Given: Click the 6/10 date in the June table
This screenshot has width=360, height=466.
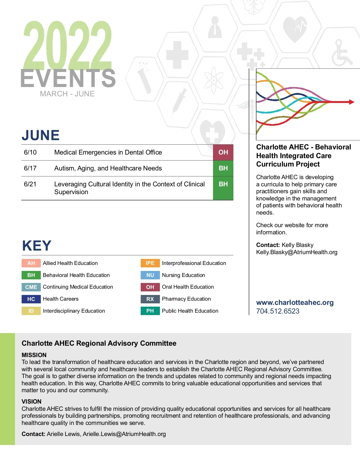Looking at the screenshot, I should click(30, 152).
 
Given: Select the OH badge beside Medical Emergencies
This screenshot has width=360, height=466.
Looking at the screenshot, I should click(223, 152).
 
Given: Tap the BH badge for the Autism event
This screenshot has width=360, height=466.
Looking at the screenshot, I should click(223, 168).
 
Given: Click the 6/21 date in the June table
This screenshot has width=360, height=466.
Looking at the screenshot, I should click(30, 184).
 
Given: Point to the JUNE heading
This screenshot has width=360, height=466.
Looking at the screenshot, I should click(41, 135).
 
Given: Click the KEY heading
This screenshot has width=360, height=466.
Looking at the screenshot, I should click(37, 246).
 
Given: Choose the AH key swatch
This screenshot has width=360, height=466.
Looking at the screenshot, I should click(31, 263).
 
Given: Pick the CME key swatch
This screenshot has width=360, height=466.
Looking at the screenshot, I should click(31, 287).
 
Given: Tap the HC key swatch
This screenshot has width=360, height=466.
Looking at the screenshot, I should click(31, 299).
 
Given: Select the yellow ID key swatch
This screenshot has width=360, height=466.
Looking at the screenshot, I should click(31, 311).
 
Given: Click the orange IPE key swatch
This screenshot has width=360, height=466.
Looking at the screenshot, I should click(150, 263).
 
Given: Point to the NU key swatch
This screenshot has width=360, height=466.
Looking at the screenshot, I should click(150, 275).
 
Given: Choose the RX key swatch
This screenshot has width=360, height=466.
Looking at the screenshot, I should click(150, 299).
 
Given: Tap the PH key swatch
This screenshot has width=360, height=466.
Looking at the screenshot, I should click(150, 311).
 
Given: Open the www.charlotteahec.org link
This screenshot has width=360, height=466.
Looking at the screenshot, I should click(295, 302).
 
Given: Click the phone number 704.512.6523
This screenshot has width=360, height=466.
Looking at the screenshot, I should click(277, 311).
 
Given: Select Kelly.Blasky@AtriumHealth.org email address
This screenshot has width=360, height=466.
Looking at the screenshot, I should click(297, 252).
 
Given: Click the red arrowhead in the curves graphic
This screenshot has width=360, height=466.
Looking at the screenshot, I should click(351, 102).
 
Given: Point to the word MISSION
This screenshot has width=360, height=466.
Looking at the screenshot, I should click(34, 355).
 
